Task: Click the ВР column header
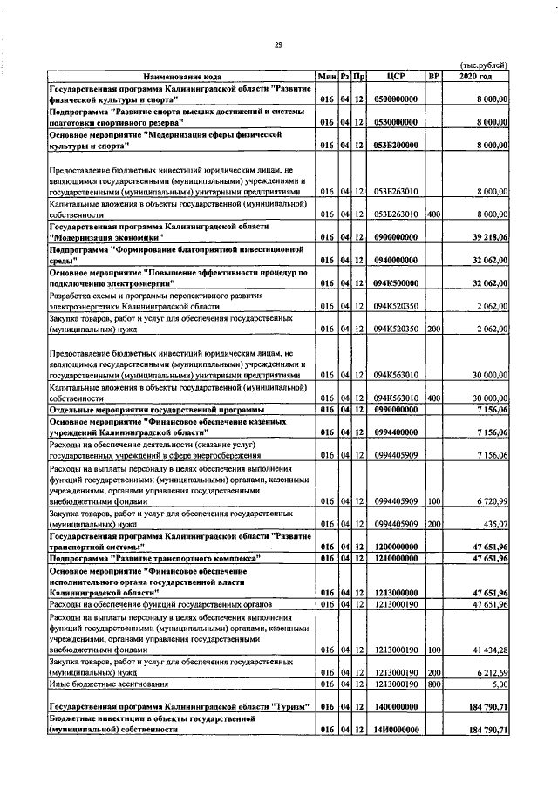tap(434, 77)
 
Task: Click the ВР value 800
tap(434, 684)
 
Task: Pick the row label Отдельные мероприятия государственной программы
tap(157, 409)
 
